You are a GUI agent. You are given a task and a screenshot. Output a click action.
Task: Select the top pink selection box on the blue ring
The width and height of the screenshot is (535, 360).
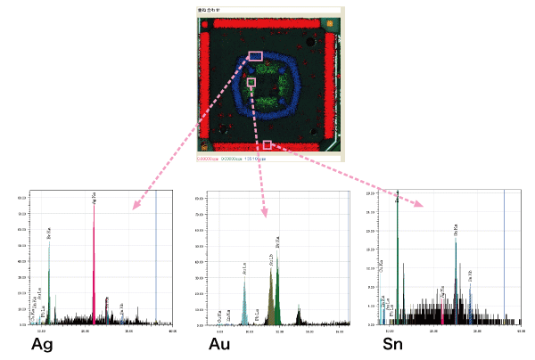coord(255,55)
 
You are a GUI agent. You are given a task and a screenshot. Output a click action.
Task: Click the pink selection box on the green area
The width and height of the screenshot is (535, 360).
coord(251,82)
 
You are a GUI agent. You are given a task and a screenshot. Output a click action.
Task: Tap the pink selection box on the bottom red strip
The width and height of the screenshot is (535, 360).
coord(267,143)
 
